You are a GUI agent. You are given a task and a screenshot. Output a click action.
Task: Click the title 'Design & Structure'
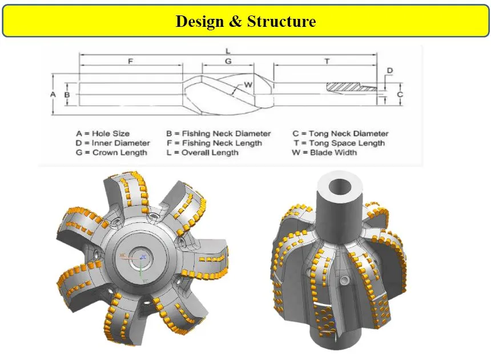pyautogui.click(x=246, y=22)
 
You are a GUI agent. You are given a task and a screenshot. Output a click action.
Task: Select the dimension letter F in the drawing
pyautogui.click(x=130, y=61)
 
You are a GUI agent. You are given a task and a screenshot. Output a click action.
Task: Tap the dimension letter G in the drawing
pyautogui.click(x=228, y=61)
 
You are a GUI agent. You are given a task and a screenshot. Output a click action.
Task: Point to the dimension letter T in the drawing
pyautogui.click(x=327, y=61)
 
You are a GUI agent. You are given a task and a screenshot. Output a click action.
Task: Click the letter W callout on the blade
pyautogui.click(x=248, y=85)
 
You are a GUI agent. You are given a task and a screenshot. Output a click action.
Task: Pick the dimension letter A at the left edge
pyautogui.click(x=52, y=93)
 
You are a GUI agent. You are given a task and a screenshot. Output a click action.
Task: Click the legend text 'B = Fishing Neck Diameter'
pyautogui.click(x=218, y=134)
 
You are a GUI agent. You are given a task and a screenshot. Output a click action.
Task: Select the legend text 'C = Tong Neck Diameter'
pyautogui.click(x=340, y=134)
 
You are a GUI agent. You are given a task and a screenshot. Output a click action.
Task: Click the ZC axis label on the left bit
pyautogui.click(x=144, y=258)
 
